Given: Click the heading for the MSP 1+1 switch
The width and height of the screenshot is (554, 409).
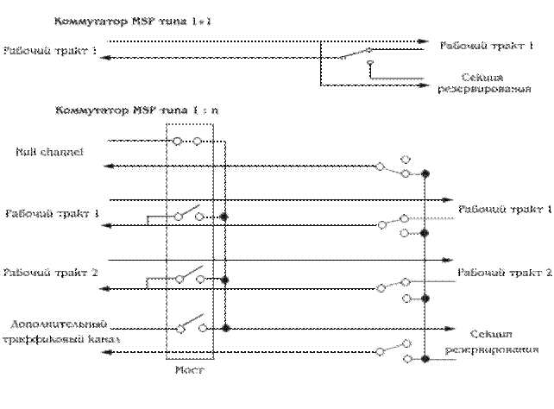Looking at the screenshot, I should (132, 20).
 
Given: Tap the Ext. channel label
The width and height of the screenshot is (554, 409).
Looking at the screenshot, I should (49, 152).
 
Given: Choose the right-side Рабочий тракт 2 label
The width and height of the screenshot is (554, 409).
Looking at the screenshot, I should (505, 272).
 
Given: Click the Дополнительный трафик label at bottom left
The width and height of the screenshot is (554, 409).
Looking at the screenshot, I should (60, 332).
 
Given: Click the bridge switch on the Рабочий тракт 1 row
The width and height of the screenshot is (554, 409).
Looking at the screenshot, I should (188, 212).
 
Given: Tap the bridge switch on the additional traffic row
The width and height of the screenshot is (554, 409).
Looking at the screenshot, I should (189, 322).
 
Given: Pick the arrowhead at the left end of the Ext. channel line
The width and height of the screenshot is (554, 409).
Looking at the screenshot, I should (106, 167).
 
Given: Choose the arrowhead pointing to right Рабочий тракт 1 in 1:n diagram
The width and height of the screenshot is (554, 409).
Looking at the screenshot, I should (447, 198).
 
